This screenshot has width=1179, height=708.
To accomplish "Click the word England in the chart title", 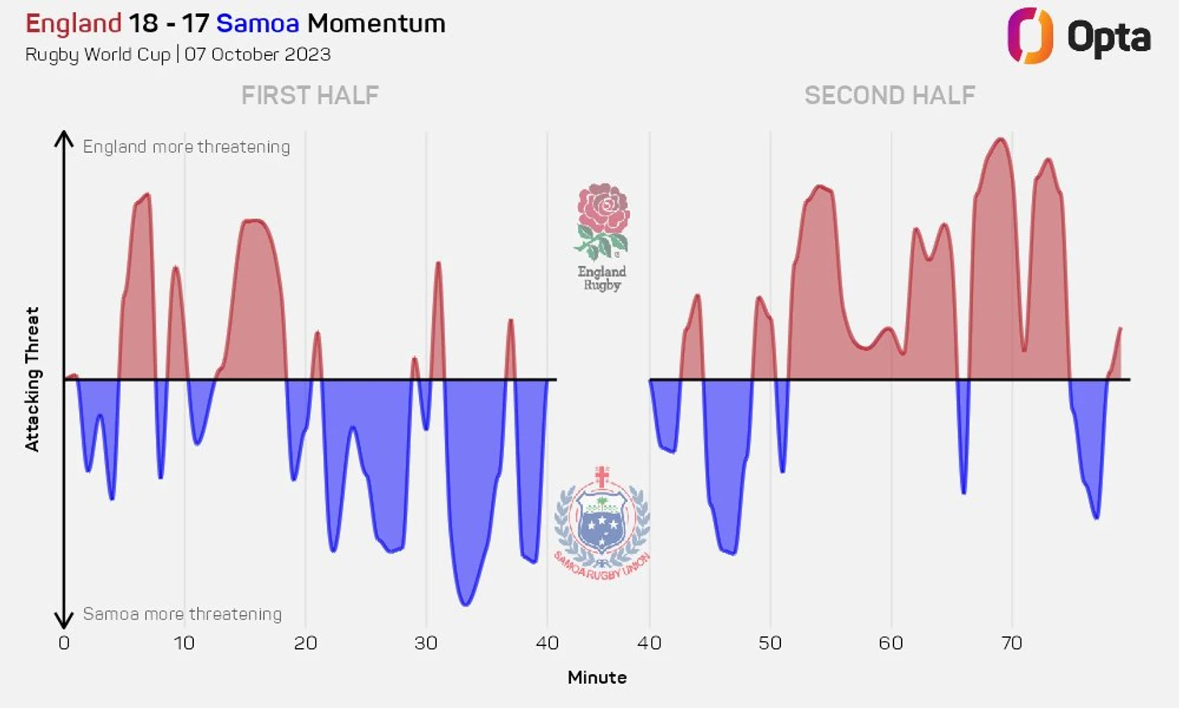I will pyautogui.click(x=73, y=23).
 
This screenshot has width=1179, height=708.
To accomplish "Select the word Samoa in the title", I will pyautogui.click(x=257, y=23).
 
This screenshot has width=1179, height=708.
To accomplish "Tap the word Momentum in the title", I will pyautogui.click(x=376, y=23).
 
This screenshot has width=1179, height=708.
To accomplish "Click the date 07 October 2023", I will pyautogui.click(x=258, y=54).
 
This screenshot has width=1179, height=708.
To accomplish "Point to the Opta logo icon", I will pyautogui.click(x=1030, y=36).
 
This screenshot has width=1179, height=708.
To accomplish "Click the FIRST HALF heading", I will pyautogui.click(x=310, y=95).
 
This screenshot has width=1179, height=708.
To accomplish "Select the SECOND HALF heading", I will pyautogui.click(x=889, y=95).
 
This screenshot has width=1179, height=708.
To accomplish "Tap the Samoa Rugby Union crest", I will pyautogui.click(x=602, y=521).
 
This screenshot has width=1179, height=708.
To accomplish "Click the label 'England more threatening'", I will pyautogui.click(x=187, y=146).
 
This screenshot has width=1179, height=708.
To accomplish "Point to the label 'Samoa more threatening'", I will pyautogui.click(x=183, y=614).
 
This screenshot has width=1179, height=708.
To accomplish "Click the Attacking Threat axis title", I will pyautogui.click(x=32, y=379).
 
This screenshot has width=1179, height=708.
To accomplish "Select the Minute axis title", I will pyautogui.click(x=597, y=677).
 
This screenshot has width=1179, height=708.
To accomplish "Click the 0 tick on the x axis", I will pyautogui.click(x=64, y=643).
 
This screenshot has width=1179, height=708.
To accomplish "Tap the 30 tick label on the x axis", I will pyautogui.click(x=426, y=643).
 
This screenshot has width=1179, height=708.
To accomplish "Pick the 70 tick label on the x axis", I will pyautogui.click(x=1011, y=643).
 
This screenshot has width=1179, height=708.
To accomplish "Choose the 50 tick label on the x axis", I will pyautogui.click(x=770, y=643).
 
